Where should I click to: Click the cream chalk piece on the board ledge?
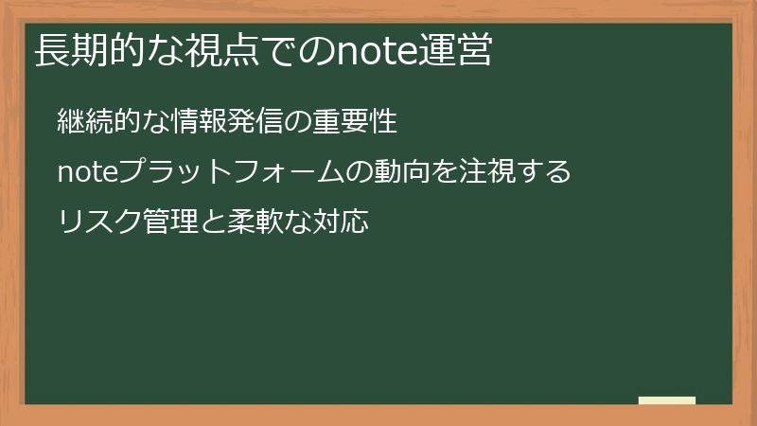tap(667, 400)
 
